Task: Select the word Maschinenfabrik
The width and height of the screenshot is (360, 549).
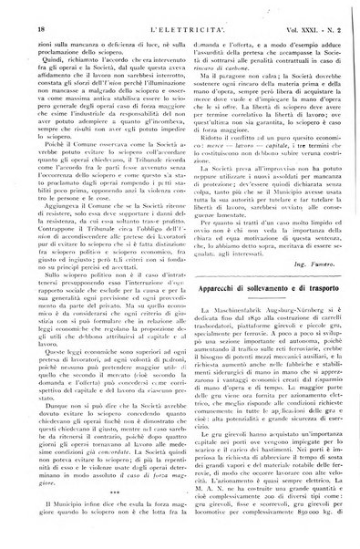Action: (242, 337)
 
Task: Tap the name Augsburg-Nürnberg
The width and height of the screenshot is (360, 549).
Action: (293, 337)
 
